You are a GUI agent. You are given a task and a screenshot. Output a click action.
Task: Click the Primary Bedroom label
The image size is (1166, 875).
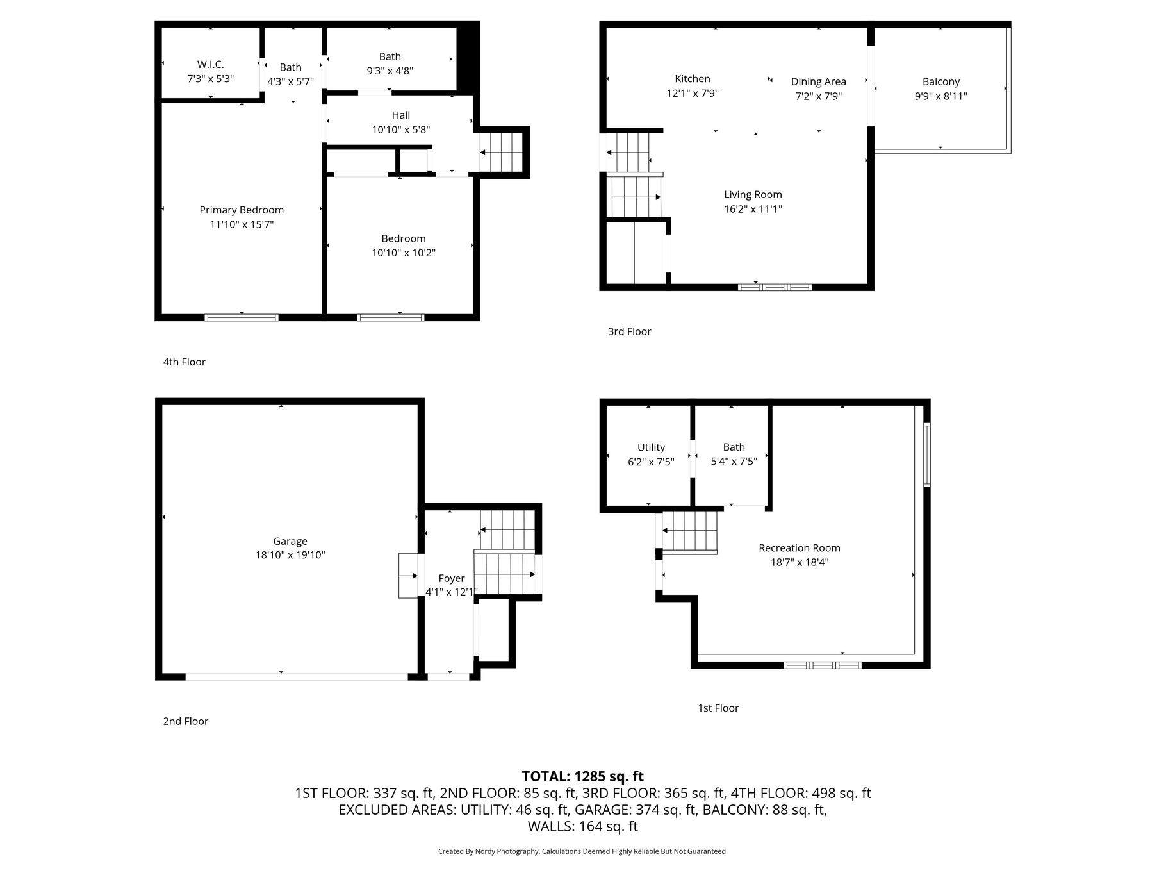tap(242, 210)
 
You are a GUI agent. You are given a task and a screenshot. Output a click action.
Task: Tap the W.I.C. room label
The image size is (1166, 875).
tap(211, 65)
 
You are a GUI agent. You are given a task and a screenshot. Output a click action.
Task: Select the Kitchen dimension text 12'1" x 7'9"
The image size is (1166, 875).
tap(693, 94)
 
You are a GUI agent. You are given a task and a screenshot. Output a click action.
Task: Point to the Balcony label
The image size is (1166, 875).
tap(941, 82)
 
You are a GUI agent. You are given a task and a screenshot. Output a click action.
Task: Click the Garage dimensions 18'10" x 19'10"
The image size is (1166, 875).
tap(290, 556)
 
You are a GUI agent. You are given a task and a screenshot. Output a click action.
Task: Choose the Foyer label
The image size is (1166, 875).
tap(452, 579)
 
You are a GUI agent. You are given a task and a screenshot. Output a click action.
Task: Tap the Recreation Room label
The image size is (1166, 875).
tap(800, 548)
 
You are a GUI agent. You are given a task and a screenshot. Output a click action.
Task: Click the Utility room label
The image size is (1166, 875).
tap(651, 447)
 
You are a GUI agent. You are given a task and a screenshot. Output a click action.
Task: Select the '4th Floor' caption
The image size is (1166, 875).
tap(185, 362)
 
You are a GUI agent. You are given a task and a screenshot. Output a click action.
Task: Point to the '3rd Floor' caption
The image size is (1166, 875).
tap(630, 332)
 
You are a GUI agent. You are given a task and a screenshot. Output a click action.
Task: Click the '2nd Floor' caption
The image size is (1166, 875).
tap(186, 722)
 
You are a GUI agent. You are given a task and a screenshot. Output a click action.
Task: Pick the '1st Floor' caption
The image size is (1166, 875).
tap(718, 708)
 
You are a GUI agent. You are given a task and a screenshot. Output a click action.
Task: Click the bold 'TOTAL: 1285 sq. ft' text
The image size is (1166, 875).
tap(583, 777)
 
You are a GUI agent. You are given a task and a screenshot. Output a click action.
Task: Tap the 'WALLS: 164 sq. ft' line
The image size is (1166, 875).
tap(583, 827)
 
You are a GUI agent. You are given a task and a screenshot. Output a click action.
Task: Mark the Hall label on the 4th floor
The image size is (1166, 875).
tap(401, 115)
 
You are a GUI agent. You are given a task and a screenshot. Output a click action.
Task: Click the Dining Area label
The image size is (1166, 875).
tap(819, 82)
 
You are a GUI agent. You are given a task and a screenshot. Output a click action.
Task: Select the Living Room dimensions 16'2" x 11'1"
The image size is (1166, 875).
tap(753, 209)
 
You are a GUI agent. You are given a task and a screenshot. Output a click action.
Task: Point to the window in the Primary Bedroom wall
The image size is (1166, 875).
tap(242, 317)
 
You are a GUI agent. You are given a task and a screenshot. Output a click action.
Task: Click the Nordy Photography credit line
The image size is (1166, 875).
tap(583, 851)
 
